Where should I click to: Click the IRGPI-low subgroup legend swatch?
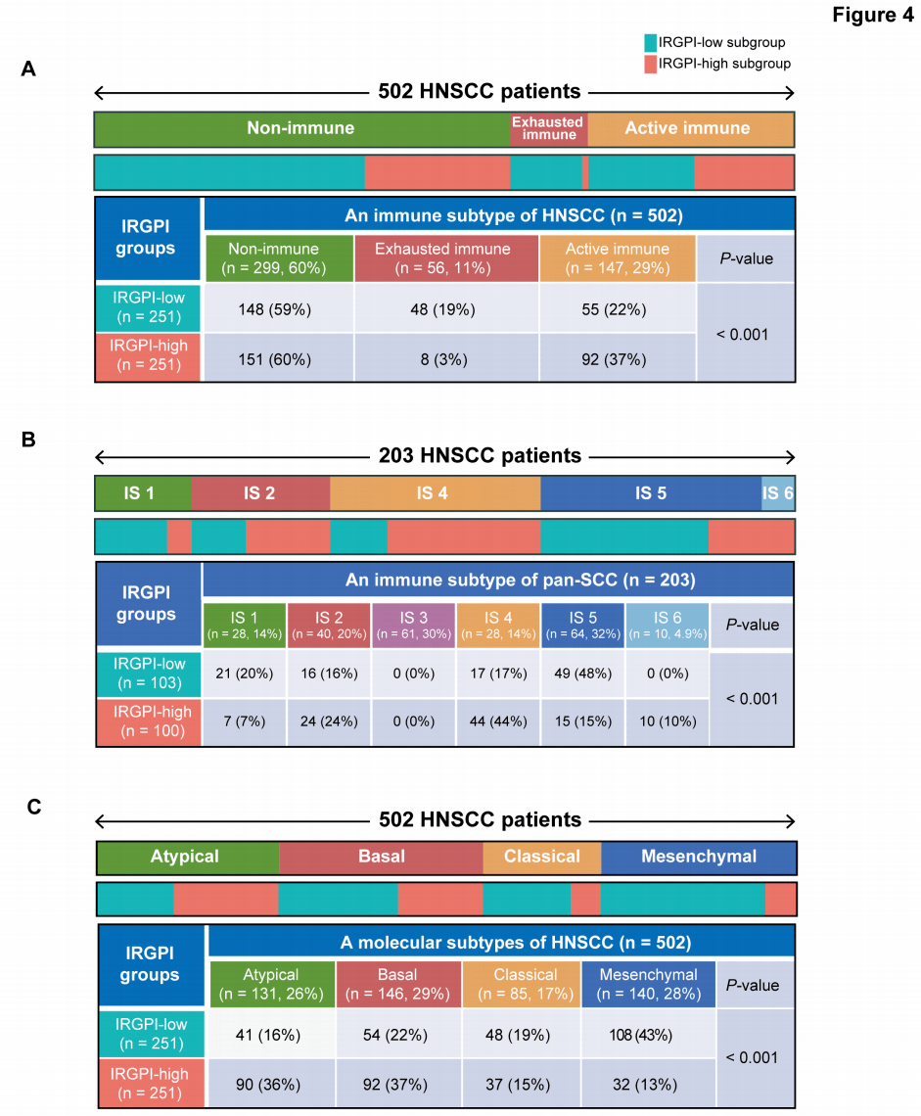(650, 43)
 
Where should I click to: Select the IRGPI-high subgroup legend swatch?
(650, 64)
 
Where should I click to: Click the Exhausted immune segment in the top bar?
(548, 129)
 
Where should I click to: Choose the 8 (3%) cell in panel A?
(444, 359)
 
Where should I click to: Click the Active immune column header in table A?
(617, 257)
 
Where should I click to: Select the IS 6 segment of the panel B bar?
(778, 492)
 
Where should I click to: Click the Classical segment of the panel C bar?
(541, 857)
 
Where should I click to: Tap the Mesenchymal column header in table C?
(648, 984)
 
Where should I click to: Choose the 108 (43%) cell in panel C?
(648, 1034)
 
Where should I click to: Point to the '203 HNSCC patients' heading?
(480, 456)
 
